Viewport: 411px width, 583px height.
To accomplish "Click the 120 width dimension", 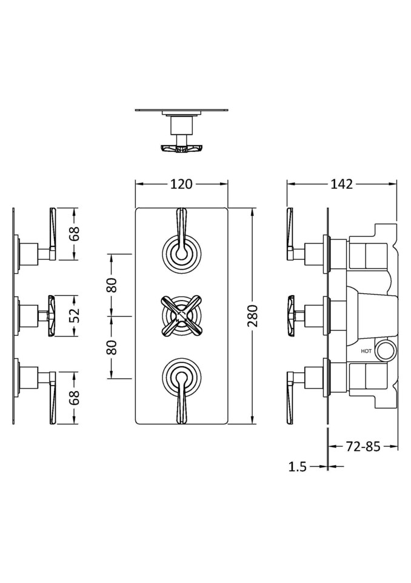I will coord(181,184).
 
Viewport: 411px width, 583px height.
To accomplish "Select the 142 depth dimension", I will coord(342,184).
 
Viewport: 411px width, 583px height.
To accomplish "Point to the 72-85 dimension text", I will coord(363,447).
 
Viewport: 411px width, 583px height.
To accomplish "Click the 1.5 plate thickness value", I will coord(297,466).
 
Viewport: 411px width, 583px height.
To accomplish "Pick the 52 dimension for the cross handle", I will coord(75,316).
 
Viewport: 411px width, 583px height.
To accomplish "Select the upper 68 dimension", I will coord(75,234).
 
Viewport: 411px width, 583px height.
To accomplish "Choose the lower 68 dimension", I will coord(75,398).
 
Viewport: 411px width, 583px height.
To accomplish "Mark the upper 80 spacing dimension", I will coord(112,285).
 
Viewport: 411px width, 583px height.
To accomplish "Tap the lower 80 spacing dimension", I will coord(112,347).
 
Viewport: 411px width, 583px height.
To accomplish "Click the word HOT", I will coord(367,351).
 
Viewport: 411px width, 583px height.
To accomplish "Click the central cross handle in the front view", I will coord(181,314).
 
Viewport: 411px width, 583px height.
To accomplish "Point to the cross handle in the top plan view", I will coord(181,148).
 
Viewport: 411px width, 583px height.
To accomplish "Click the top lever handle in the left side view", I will coord(52,234).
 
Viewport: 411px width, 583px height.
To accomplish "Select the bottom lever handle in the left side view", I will coord(52,398).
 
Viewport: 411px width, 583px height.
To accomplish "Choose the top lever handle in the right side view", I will coord(290,234).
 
